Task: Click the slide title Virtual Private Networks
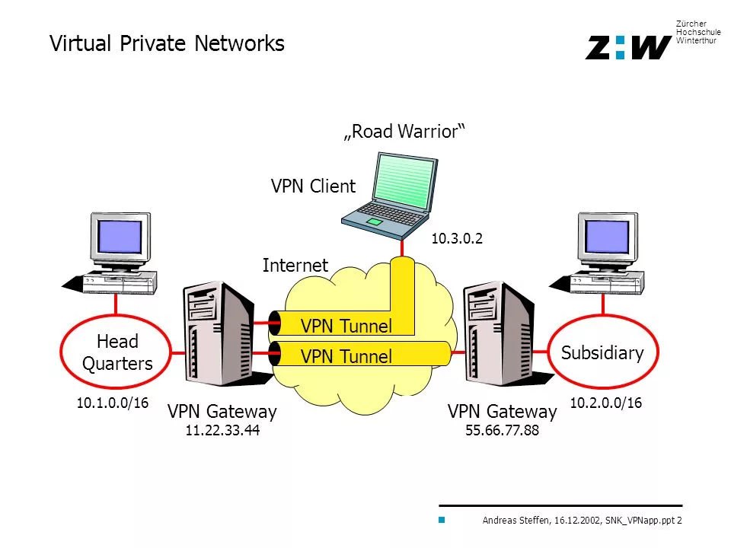pos(167,43)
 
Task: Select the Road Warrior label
pos(404,132)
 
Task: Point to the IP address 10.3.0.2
pos(457,239)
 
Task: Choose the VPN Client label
pos(313,186)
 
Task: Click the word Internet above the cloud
pos(295,266)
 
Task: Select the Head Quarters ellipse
pos(117,352)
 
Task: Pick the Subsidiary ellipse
pos(602,352)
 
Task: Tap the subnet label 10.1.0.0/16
pos(112,403)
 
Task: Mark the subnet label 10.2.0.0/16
pos(606,403)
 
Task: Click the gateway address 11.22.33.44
pos(222,431)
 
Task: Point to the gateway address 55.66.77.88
pos(502,431)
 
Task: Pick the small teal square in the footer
pos(440,521)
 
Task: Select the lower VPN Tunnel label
pos(346,355)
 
